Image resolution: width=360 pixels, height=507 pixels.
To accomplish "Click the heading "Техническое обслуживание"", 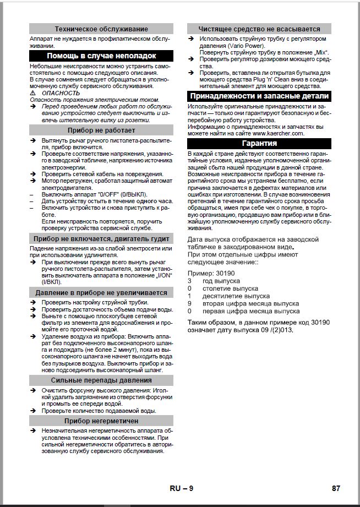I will (101, 29).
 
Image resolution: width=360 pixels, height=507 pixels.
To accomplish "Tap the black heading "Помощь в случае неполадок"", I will (101, 56).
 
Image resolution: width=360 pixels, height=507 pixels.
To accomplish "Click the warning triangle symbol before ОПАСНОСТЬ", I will (32, 93).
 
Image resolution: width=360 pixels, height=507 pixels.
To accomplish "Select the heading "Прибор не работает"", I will (101, 130).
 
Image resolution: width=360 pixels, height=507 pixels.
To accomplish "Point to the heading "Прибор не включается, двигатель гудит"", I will (101, 238).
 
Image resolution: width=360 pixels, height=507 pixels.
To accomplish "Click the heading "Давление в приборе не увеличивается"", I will (101, 292).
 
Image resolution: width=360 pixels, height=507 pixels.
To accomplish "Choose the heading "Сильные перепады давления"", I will (101, 380).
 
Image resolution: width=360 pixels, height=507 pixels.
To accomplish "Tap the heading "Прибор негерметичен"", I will (101, 421).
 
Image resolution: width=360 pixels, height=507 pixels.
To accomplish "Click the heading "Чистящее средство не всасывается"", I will (259, 29).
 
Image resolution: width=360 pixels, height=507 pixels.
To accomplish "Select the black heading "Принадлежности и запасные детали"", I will (259, 95).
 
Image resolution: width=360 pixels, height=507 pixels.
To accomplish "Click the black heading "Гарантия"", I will (259, 143).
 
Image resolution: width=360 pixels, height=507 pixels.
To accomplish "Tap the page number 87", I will (336, 488).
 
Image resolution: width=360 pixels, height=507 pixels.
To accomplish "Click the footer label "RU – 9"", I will (181, 488).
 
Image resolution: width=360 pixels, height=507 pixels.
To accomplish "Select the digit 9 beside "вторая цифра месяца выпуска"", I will (189, 303).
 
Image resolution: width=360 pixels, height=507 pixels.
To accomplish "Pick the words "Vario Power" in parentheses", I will (239, 46).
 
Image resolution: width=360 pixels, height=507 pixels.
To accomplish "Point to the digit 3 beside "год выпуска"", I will (189, 281).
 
